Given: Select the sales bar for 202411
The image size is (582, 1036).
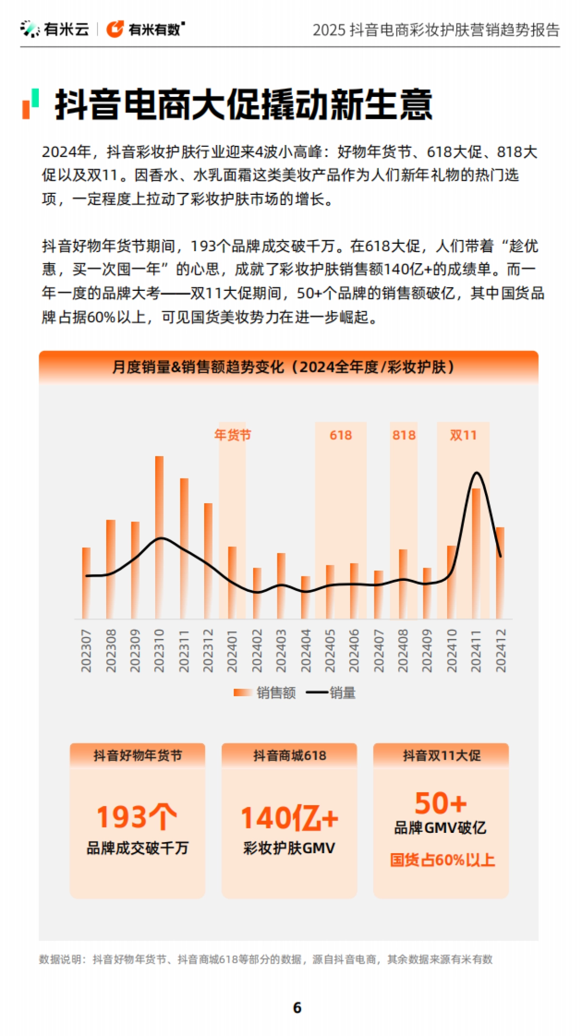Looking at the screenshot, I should coord(476,553).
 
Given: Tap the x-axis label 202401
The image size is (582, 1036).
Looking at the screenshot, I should coord(232,651).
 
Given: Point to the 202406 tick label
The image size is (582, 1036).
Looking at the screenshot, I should coord(354,651).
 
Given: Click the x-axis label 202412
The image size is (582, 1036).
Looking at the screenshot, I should coord(501,651).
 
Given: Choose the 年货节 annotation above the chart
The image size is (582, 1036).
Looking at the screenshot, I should coord(233,435).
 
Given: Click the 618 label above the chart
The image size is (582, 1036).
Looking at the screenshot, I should coord(340,435).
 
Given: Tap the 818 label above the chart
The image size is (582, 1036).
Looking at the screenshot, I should coord(404,435).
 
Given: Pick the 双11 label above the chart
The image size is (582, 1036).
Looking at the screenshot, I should coord(463,435).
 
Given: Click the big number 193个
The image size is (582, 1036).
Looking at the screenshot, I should coord(136,817).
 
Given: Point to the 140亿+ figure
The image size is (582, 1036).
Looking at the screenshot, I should coord(290,818).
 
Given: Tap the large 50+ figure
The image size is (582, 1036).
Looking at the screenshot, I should coord(441,803).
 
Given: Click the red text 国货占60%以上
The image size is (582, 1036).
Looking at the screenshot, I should coord(442,860).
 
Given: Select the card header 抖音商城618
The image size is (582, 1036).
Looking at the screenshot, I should coord(290,755).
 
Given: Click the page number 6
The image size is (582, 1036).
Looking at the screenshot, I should coord(297,1008).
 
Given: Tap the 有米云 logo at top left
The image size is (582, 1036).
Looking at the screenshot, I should coord(55,29).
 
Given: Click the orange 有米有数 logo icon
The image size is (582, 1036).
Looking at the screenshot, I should coord(115,29).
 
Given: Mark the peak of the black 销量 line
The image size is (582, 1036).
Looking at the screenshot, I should coord(477,473).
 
